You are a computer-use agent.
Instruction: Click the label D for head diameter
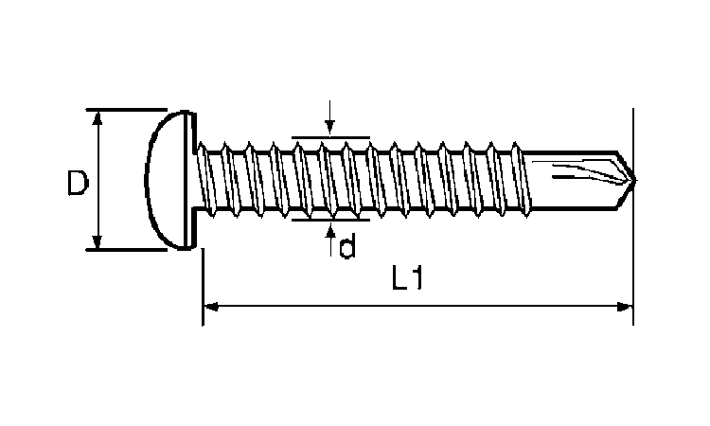coord(78,182)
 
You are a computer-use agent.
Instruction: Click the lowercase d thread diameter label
coord(347,247)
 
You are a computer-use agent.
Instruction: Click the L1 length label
coord(408,279)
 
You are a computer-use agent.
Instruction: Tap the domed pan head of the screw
coord(166,180)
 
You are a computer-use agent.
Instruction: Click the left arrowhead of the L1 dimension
coord(210,306)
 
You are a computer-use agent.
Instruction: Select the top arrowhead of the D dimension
coord(95,116)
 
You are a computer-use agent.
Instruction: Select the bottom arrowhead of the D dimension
coord(95,243)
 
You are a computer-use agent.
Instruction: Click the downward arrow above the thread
coord(329,128)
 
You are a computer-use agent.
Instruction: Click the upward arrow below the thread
coord(329,232)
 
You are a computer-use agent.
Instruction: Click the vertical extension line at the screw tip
coord(632,237)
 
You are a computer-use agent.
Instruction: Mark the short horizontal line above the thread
coord(329,137)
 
